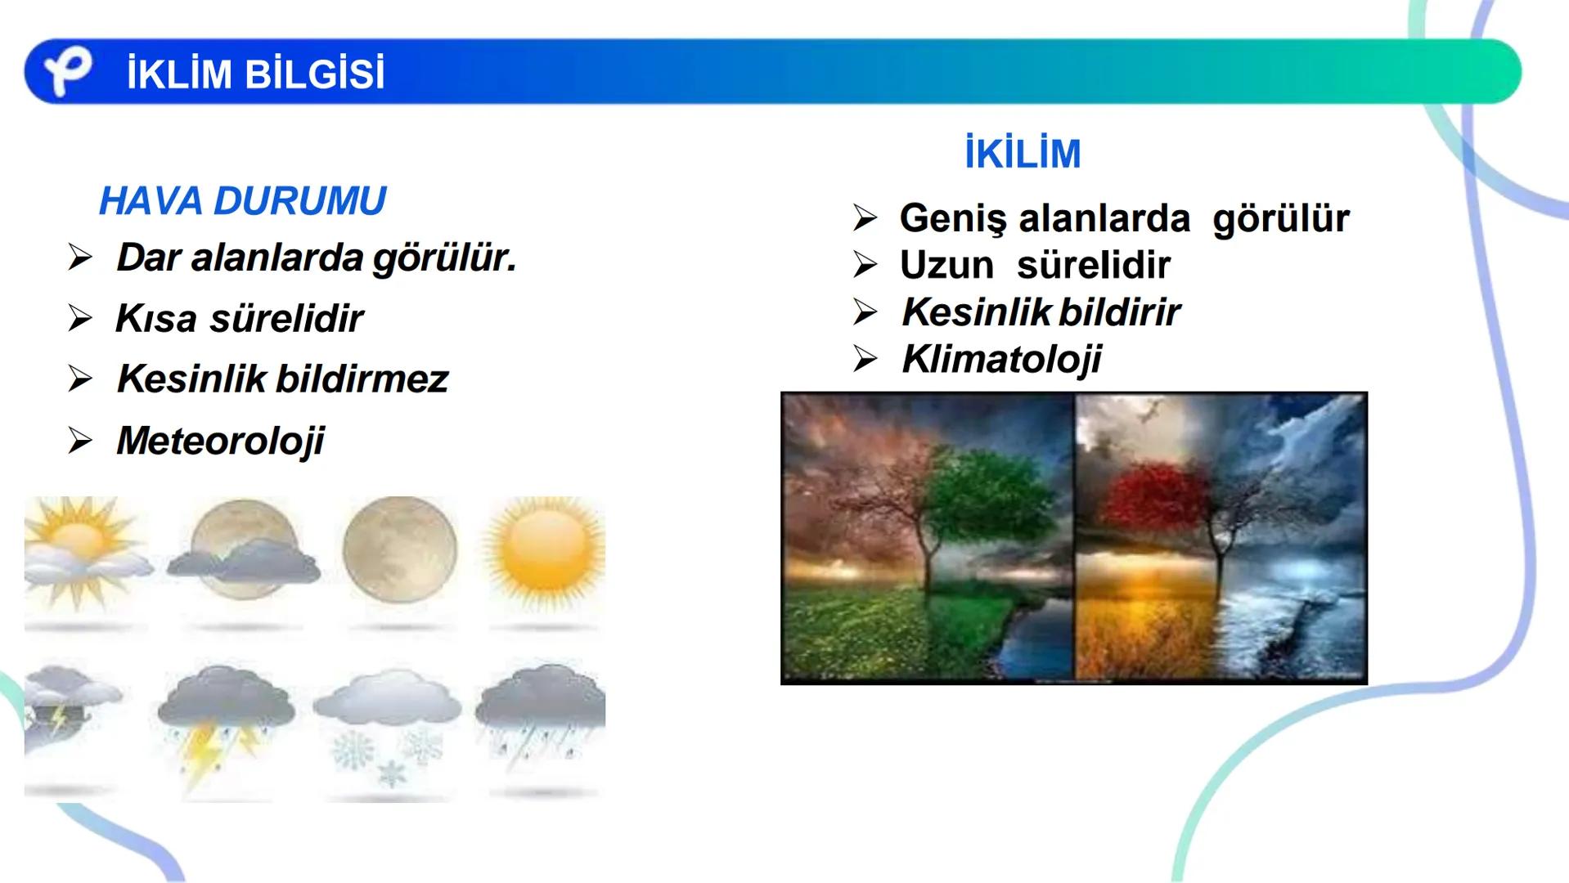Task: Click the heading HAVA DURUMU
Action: [242, 201]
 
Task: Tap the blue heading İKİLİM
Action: [1023, 154]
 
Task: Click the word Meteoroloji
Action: [220, 441]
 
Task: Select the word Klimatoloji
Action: [1001, 359]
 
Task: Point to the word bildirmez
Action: [362, 379]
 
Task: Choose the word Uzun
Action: [946, 265]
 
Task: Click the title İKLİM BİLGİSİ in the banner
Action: [255, 74]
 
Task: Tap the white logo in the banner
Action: [67, 72]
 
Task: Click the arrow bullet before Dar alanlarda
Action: [80, 258]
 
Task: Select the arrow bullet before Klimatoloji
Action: [865, 359]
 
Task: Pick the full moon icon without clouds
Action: [399, 548]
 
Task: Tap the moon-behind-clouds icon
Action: [241, 552]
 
